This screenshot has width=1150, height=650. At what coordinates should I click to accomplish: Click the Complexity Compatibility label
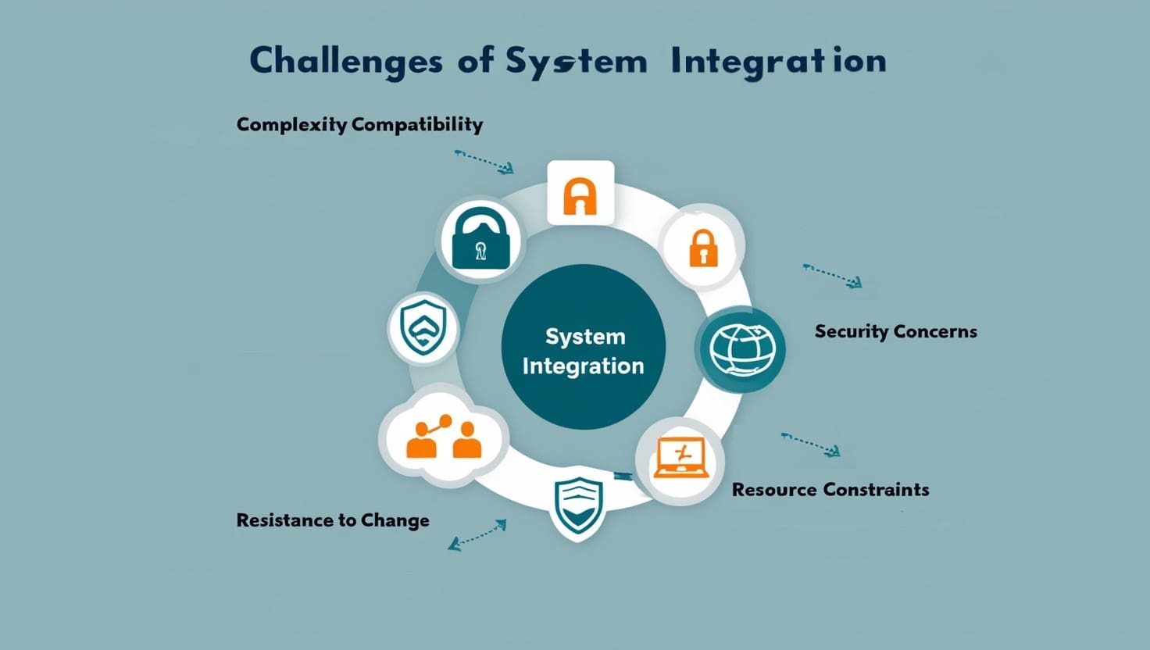click(x=359, y=125)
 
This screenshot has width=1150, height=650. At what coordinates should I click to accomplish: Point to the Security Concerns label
click(x=896, y=331)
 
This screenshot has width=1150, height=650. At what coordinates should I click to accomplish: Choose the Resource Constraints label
click(x=830, y=489)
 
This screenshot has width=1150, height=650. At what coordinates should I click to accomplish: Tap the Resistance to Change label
click(x=333, y=520)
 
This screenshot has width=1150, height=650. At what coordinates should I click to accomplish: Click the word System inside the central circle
click(x=585, y=337)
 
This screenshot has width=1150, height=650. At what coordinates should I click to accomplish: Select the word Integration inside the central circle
click(x=584, y=366)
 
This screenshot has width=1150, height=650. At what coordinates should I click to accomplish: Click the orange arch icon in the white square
click(x=580, y=195)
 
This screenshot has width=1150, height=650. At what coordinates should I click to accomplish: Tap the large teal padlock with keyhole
click(x=480, y=238)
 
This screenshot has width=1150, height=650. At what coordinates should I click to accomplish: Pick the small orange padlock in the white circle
click(x=703, y=248)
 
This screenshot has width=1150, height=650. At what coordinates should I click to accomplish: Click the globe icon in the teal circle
click(x=742, y=349)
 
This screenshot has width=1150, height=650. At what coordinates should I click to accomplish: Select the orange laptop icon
click(x=682, y=458)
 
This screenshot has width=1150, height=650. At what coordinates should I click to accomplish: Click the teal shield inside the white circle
click(x=423, y=327)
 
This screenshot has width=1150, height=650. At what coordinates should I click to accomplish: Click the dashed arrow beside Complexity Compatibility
click(x=484, y=162)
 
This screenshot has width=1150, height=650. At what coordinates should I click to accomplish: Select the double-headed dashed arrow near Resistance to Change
click(x=477, y=535)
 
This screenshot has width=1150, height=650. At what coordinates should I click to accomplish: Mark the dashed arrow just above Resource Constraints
click(x=811, y=445)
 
